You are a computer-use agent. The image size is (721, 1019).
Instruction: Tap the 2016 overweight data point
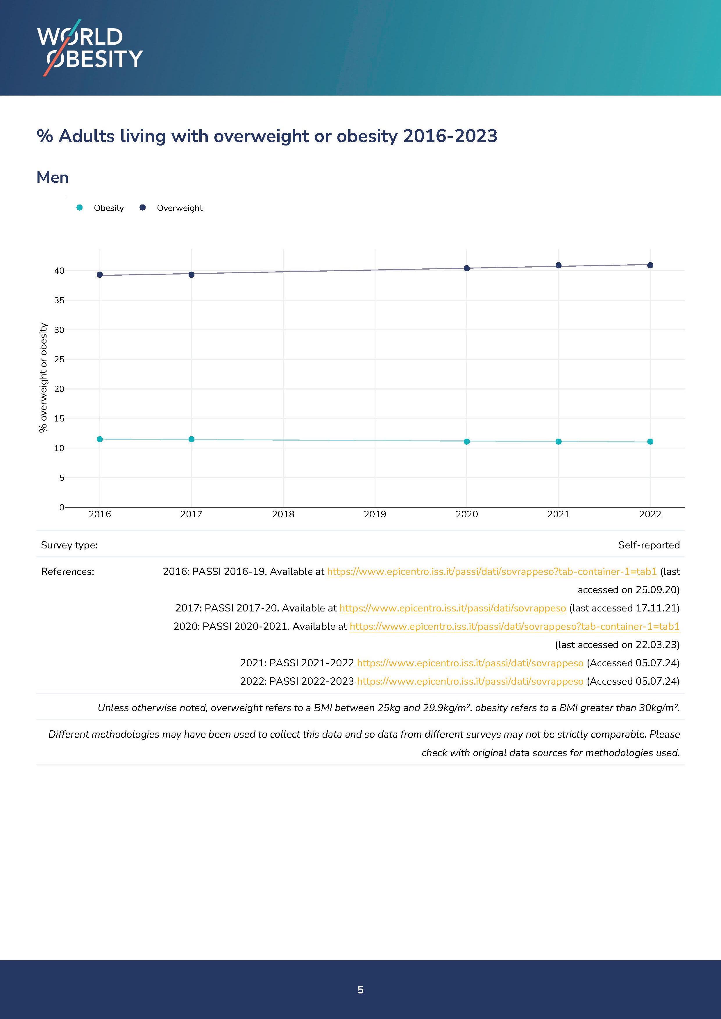[100, 275]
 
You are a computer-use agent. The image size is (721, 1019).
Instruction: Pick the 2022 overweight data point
[650, 265]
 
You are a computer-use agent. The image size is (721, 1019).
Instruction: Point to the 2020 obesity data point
[467, 441]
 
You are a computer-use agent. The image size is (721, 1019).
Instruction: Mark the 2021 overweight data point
[559, 265]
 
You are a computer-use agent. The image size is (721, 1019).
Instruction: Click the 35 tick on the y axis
[59, 300]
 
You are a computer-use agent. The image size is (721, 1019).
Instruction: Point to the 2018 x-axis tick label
[283, 514]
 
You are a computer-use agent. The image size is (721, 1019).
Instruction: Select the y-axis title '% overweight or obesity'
[43, 377]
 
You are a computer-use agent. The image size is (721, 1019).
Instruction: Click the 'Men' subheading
[52, 177]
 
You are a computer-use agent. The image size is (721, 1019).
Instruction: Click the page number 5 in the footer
[360, 989]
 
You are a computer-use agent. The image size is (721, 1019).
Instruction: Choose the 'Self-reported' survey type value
[649, 545]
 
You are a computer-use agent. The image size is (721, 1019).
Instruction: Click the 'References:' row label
[67, 572]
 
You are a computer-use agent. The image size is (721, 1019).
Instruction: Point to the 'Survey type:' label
[69, 545]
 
